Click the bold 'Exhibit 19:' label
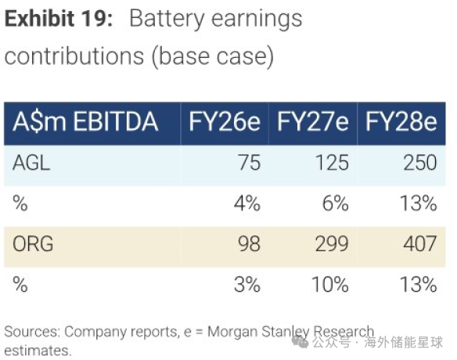click(59, 19)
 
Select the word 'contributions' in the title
click(74, 56)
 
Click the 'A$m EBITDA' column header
click(85, 122)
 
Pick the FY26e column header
click(225, 122)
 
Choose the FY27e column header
click(313, 122)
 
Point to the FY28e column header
click(401, 122)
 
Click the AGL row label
click(31, 163)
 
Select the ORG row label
click(33, 243)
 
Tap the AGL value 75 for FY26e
click(250, 163)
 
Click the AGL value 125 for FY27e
click(333, 163)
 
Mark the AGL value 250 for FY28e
click(420, 163)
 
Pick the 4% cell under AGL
click(247, 203)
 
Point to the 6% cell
click(336, 203)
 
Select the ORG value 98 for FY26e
click(249, 243)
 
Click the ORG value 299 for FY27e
click(332, 243)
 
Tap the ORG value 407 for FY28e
click(420, 243)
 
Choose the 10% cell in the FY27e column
click(330, 284)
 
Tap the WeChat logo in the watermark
click(300, 342)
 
